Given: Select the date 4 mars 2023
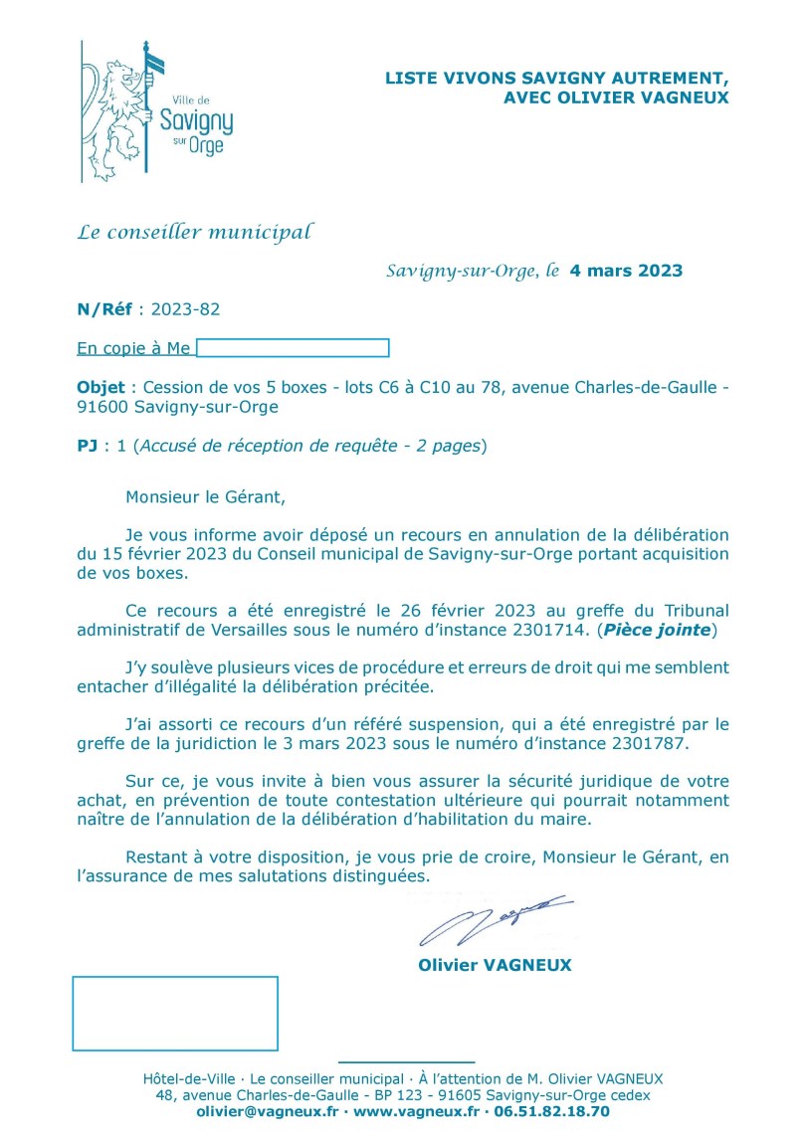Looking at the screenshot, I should (x=626, y=271).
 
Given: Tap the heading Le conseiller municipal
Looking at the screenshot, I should (x=195, y=233).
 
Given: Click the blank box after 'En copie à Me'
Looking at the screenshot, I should (x=293, y=348).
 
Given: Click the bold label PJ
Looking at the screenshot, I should (x=88, y=446).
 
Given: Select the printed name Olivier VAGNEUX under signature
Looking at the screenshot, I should (x=495, y=965).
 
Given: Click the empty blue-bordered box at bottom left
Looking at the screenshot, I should (x=175, y=1013).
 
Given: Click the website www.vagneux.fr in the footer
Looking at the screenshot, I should (x=416, y=1111).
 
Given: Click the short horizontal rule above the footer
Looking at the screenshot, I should (x=406, y=1062).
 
